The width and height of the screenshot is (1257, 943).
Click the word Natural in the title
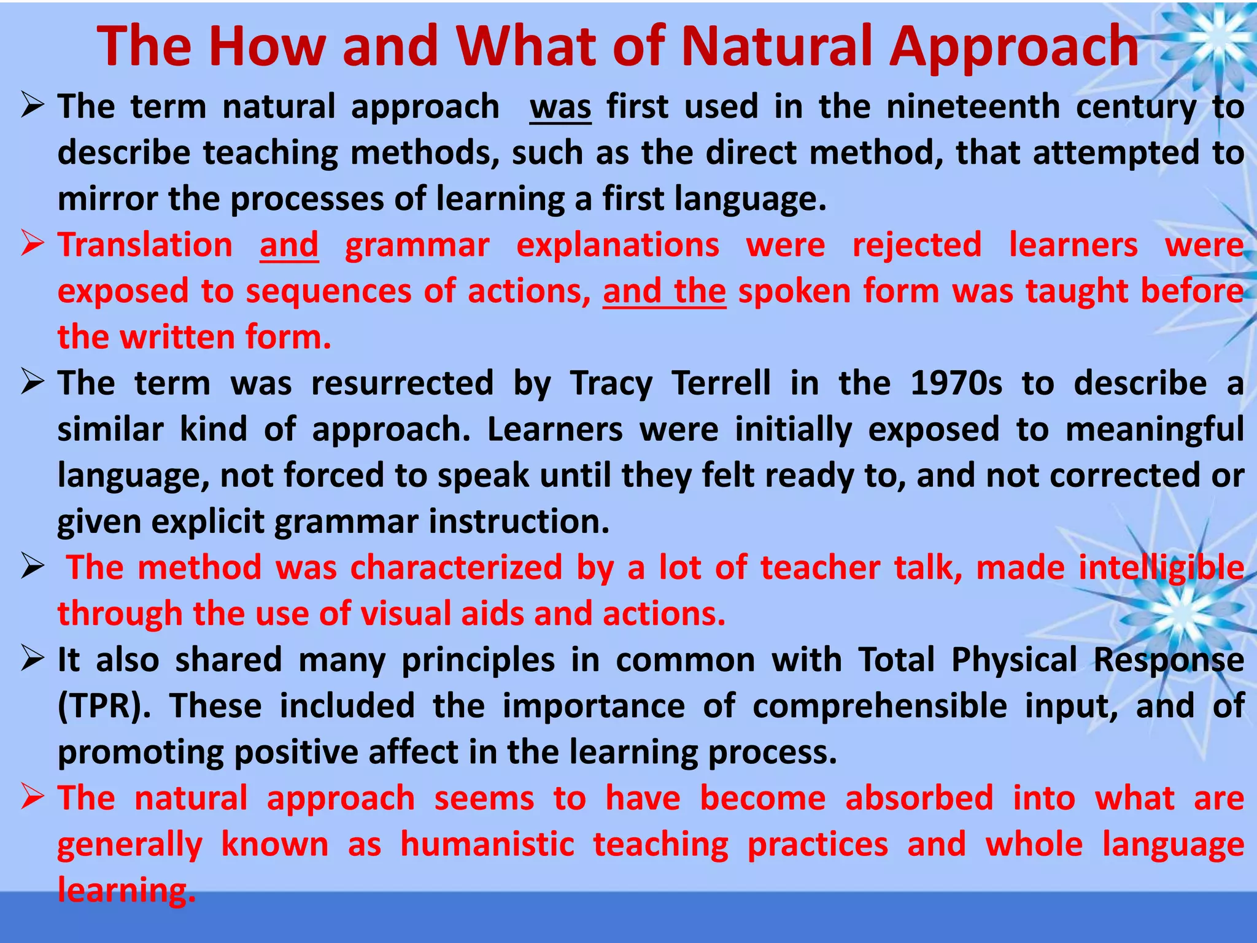click(x=778, y=47)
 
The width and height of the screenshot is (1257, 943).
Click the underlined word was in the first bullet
click(x=560, y=107)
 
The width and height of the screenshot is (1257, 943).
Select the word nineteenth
click(x=973, y=107)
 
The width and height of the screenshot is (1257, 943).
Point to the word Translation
click(x=145, y=245)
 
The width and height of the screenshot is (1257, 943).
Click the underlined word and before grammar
click(x=289, y=245)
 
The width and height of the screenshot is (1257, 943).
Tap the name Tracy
click(x=611, y=384)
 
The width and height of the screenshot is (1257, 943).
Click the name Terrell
click(x=721, y=383)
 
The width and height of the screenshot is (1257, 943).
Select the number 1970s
click(x=956, y=383)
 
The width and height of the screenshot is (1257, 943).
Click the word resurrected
click(x=402, y=383)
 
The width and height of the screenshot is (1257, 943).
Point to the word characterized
click(x=456, y=567)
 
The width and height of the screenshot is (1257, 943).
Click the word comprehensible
click(x=880, y=707)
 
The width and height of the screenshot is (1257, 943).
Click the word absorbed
click(x=919, y=799)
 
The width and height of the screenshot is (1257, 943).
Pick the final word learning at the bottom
click(x=126, y=890)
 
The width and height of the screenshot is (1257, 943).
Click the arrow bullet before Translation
click(x=33, y=244)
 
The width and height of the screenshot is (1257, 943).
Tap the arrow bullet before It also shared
click(x=33, y=659)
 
